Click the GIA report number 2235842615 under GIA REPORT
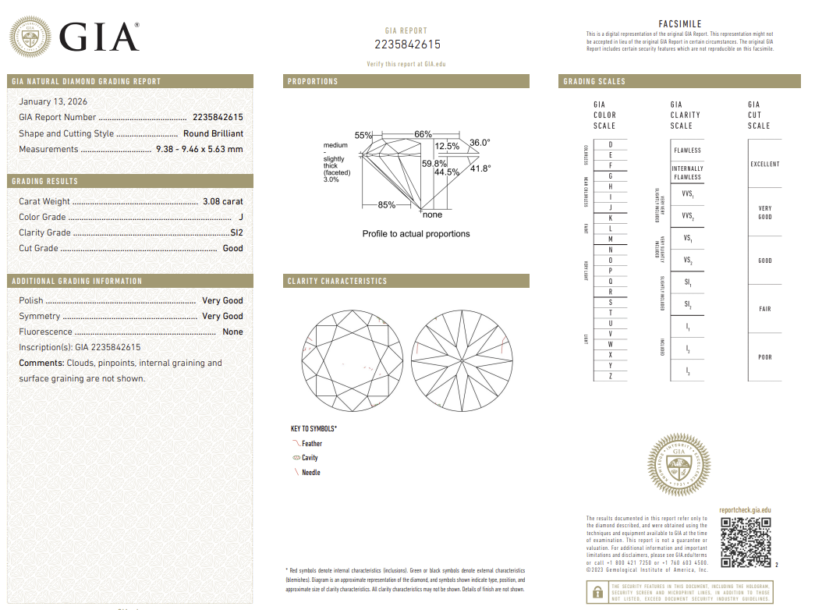point(407,44)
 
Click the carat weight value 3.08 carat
point(222,201)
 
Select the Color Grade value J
point(241,217)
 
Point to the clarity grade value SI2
point(236,232)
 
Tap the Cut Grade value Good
point(232,248)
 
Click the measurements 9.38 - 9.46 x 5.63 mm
point(200,149)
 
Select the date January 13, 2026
point(53,101)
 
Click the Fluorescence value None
point(232,332)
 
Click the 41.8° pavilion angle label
point(480,168)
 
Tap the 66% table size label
point(423,134)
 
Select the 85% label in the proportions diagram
point(386,205)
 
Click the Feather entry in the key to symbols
point(311,444)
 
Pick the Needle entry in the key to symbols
point(310,473)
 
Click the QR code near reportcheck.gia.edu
point(744,542)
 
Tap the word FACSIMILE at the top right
point(680,24)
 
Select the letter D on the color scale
point(611,145)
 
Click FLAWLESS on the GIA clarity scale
point(687,151)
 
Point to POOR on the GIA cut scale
point(764,357)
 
